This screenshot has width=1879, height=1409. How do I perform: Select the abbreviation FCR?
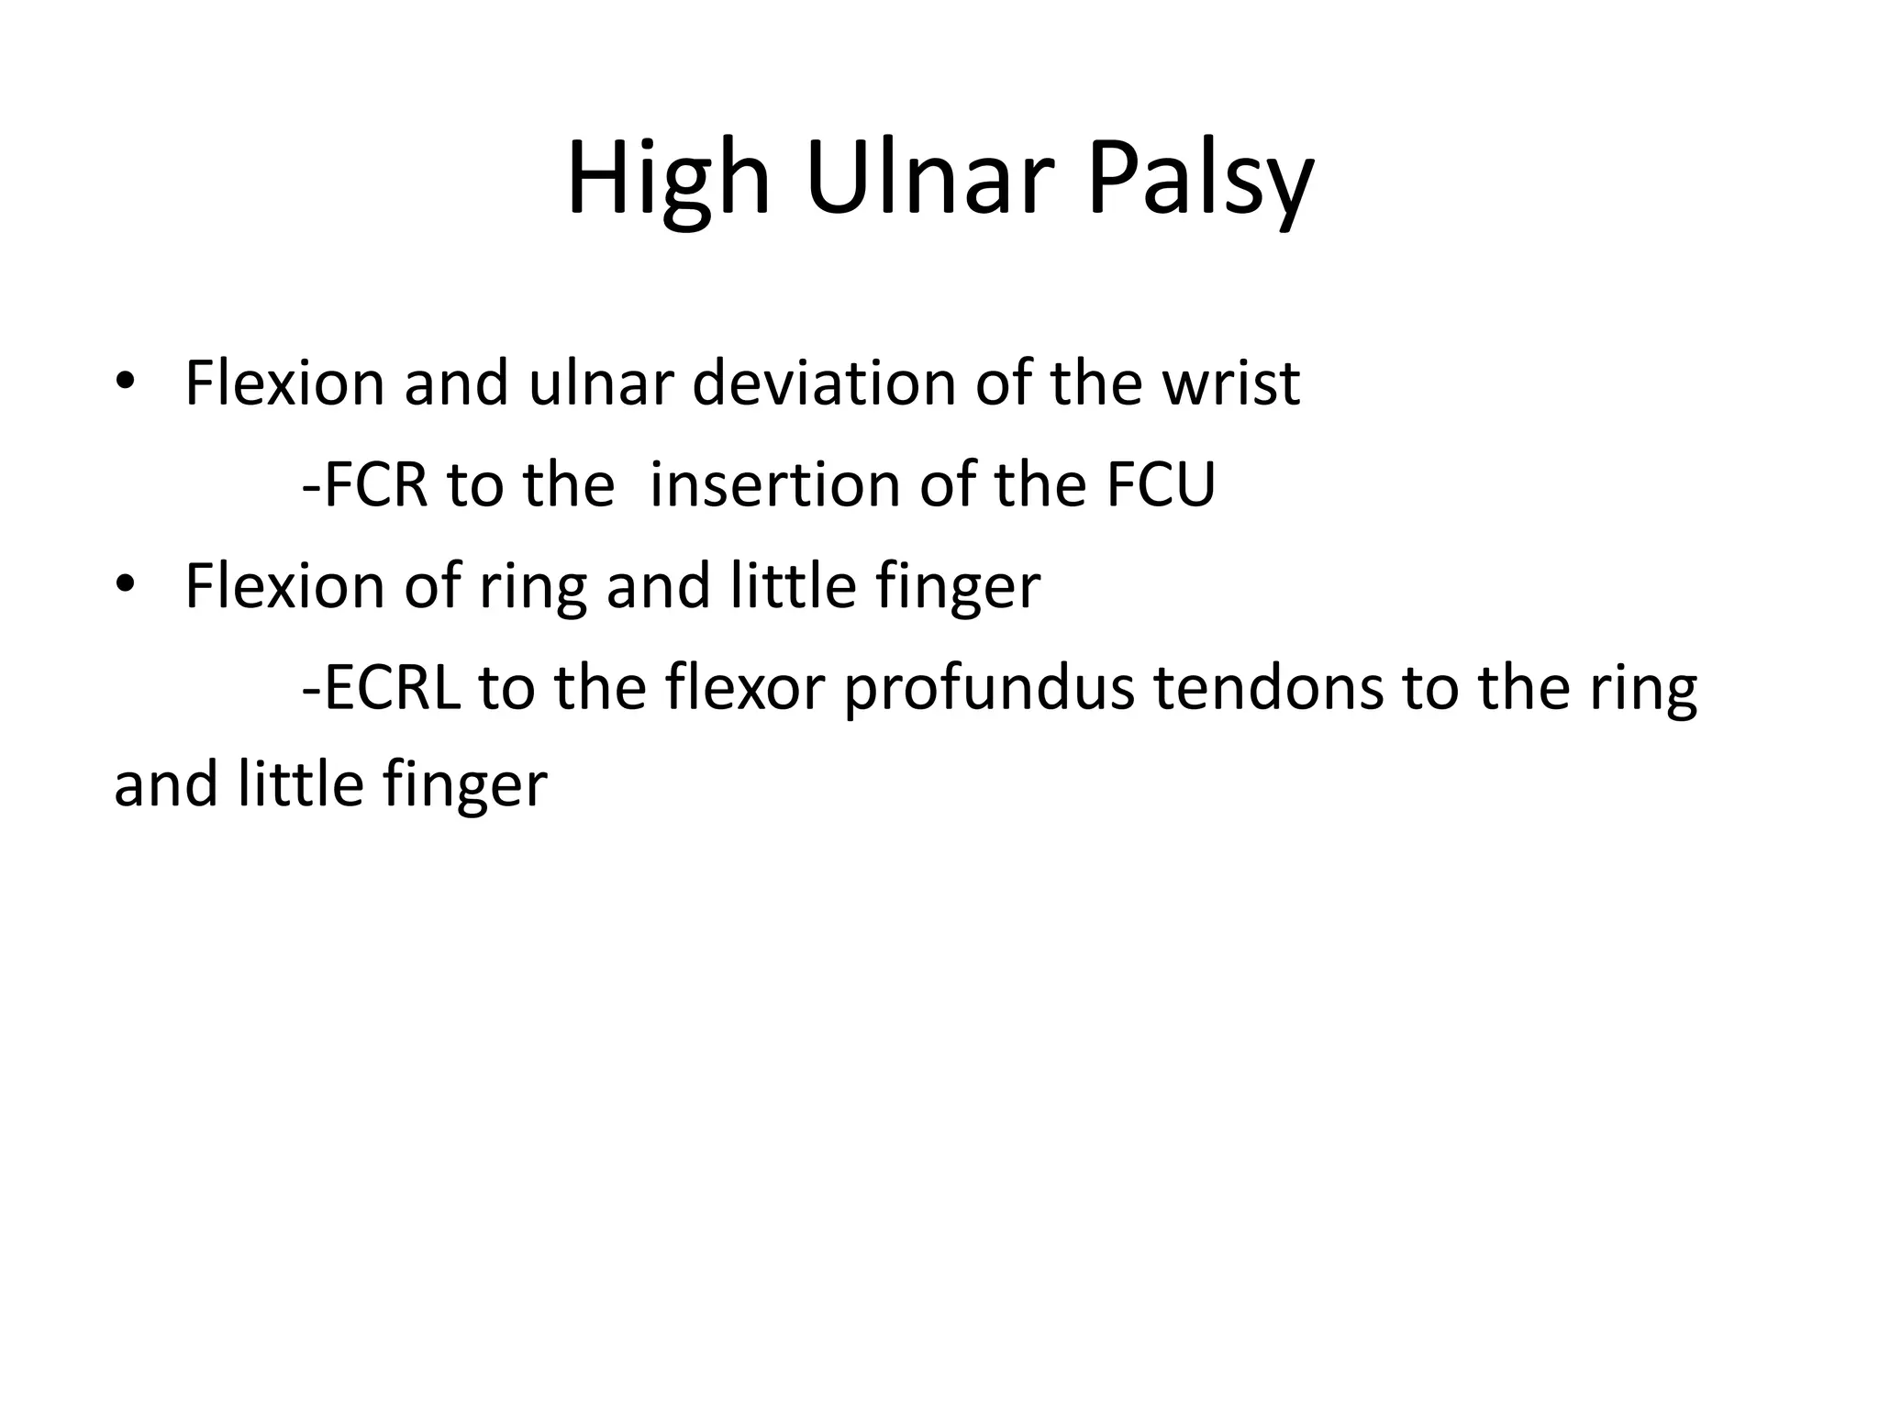tap(376, 484)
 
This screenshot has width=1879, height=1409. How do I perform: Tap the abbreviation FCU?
tap(1161, 484)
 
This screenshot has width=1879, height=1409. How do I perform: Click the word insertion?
tap(774, 484)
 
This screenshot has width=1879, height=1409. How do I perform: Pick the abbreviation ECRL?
tap(392, 688)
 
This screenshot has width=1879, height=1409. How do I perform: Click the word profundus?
tap(989, 688)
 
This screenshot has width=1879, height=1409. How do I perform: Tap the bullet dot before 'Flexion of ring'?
tap(126, 586)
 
